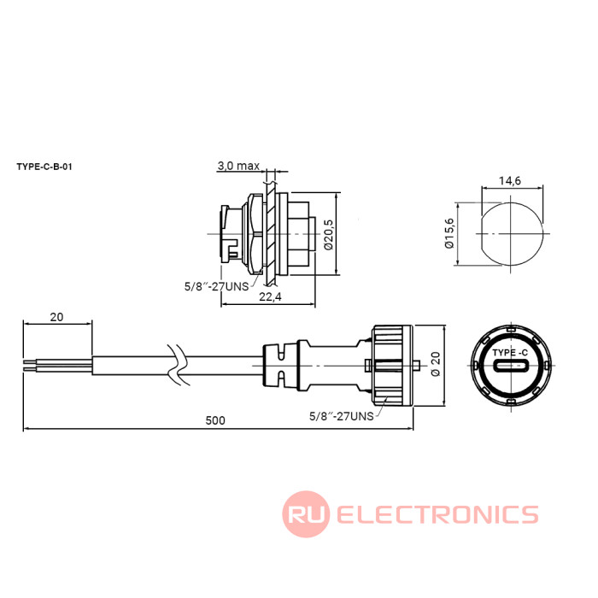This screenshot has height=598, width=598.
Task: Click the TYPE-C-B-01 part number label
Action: pyautogui.click(x=44, y=167)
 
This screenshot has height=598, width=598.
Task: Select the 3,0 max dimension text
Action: pyautogui.click(x=237, y=165)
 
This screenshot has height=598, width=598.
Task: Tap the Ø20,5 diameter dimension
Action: pyautogui.click(x=328, y=234)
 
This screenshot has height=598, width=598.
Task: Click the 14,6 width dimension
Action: pyautogui.click(x=510, y=180)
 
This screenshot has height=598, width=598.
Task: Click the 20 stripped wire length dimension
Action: pyautogui.click(x=57, y=317)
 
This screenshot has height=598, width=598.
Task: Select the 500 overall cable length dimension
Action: pyautogui.click(x=216, y=420)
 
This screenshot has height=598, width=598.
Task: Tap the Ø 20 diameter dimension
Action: pyautogui.click(x=437, y=366)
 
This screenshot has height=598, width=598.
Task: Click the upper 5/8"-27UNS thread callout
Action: pyautogui.click(x=216, y=286)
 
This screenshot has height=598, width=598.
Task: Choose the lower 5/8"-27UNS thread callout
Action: pyautogui.click(x=341, y=416)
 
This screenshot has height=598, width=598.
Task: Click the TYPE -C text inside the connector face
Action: pyautogui.click(x=510, y=352)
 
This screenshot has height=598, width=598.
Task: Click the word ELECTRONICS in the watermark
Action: pyautogui.click(x=437, y=514)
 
